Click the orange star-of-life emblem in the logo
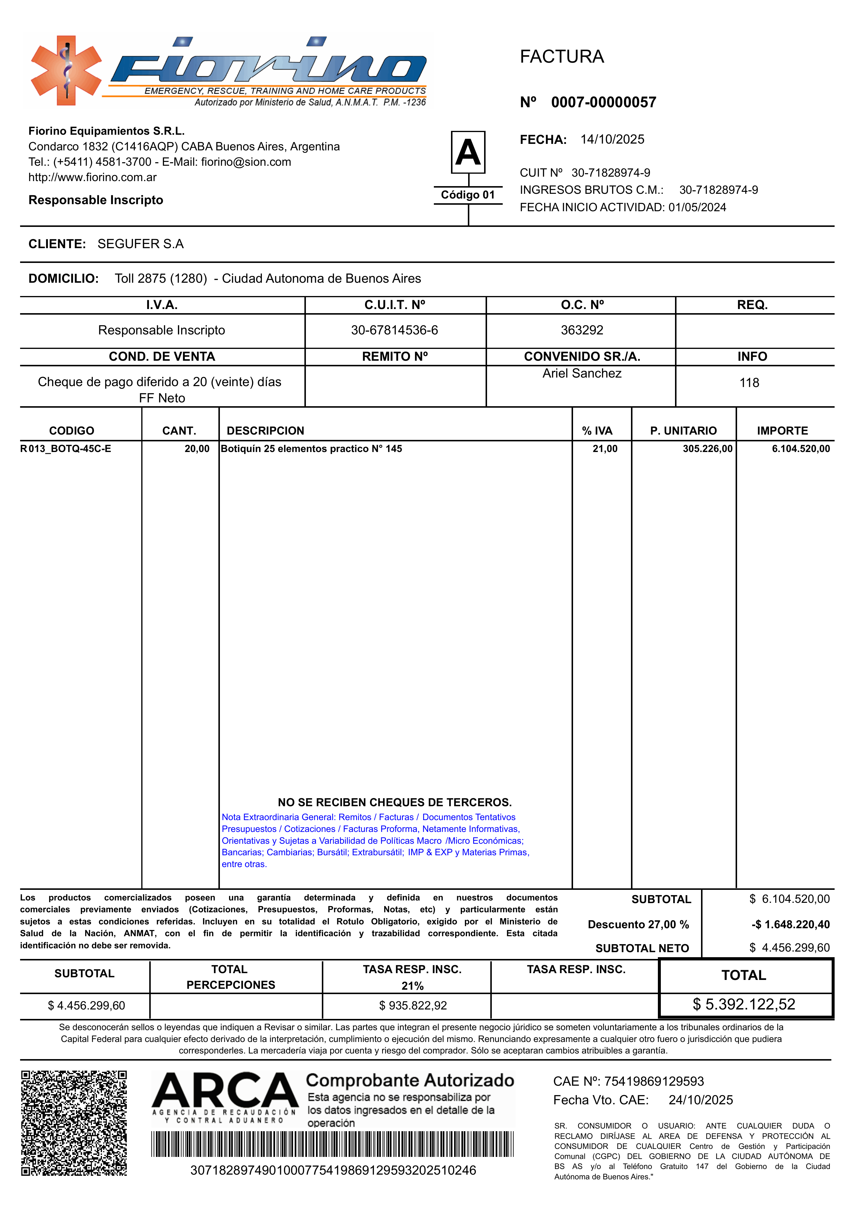point(66,71)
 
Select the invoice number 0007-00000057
point(603,103)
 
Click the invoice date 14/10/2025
point(612,139)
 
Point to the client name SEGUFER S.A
point(141,244)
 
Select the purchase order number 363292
point(582,330)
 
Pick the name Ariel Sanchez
point(582,373)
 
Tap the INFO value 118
point(749,383)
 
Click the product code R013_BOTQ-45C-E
point(66,449)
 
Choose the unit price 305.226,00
point(707,449)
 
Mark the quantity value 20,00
point(197,449)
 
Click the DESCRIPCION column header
point(265,431)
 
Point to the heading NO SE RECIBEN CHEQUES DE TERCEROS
point(394,802)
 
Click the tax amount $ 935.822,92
point(413,1005)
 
